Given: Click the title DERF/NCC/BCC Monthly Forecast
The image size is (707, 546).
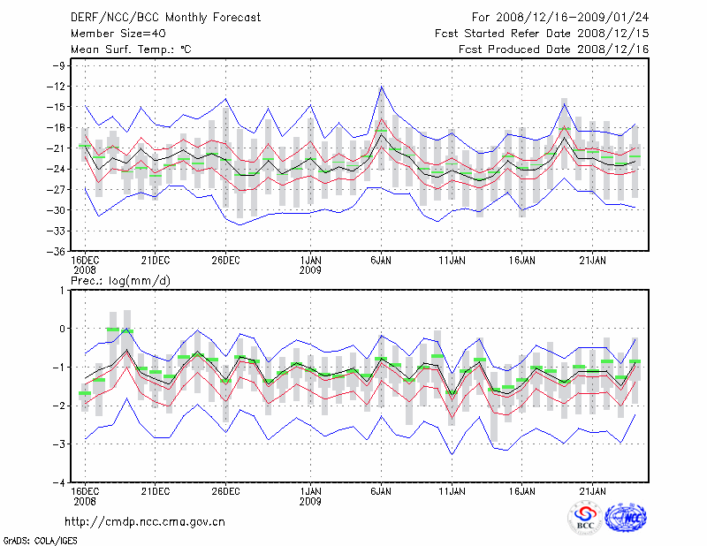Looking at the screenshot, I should pyautogui.click(x=165, y=18).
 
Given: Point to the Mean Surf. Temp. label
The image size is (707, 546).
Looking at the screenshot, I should pyautogui.click(x=131, y=49).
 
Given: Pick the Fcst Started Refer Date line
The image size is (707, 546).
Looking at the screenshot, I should pyautogui.click(x=541, y=34).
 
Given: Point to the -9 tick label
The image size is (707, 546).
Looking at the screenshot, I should pyautogui.click(x=62, y=65).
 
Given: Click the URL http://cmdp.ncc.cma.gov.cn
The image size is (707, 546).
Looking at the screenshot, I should pyautogui.click(x=145, y=521).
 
